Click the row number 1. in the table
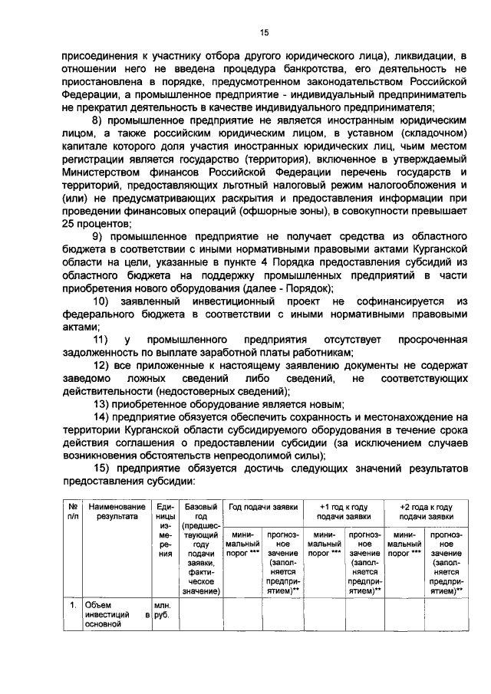[71, 605]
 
